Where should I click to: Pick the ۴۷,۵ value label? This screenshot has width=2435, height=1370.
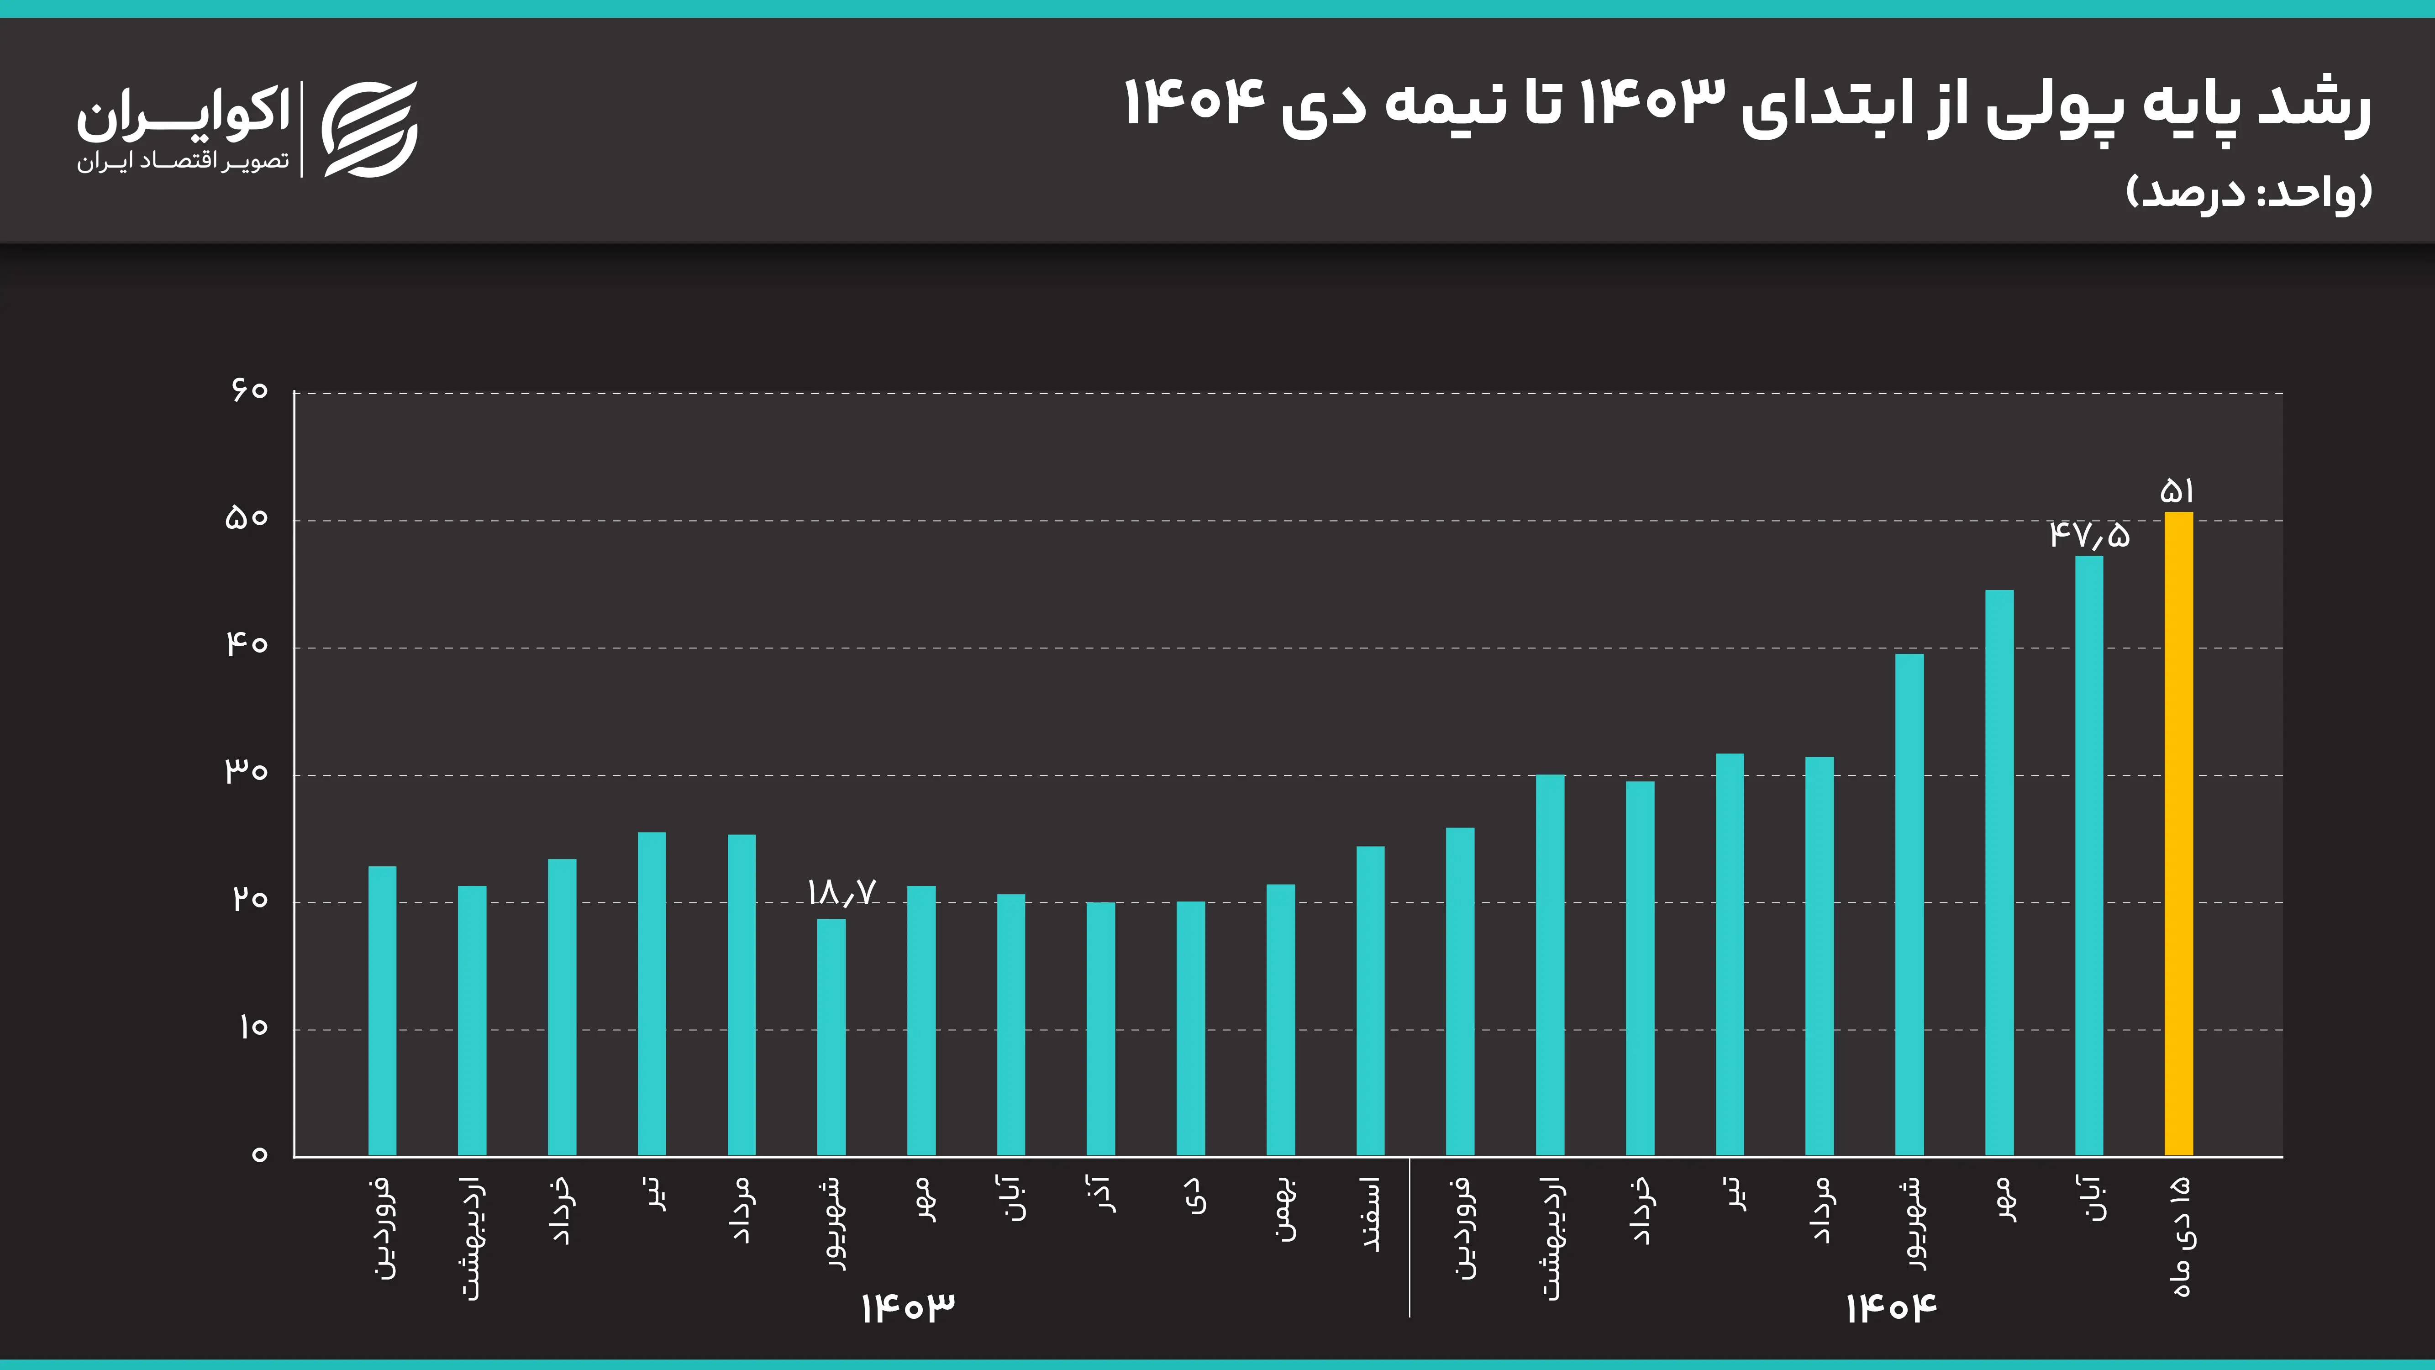point(2089,535)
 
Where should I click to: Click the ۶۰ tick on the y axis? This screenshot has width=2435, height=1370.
point(250,390)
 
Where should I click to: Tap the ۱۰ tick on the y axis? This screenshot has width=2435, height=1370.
point(252,1027)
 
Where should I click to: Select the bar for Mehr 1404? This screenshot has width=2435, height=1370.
point(1999,872)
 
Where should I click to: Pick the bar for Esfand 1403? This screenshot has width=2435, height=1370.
point(1371,1000)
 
